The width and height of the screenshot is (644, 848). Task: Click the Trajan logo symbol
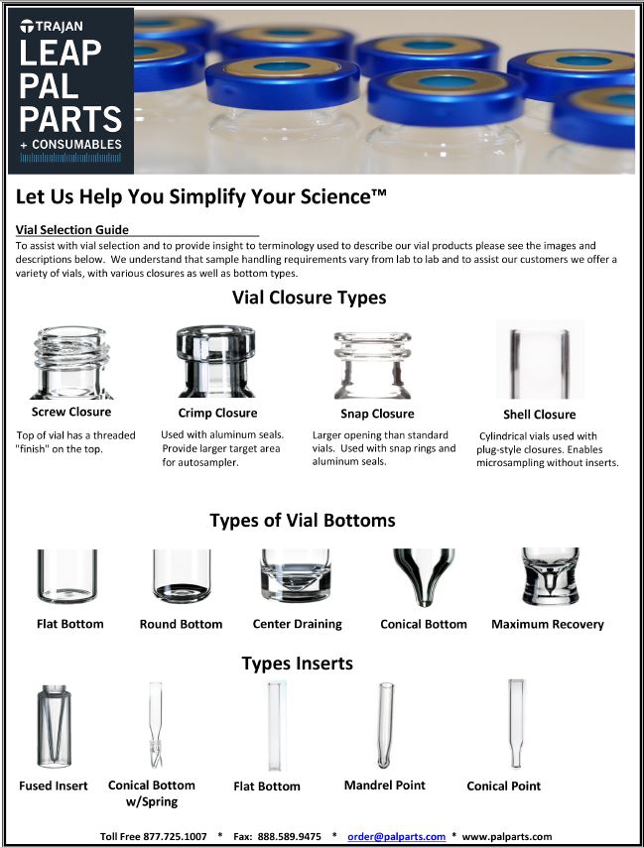point(27,26)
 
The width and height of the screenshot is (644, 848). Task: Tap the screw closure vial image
point(71,362)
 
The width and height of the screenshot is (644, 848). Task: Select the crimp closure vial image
point(216,361)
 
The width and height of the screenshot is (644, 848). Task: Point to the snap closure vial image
point(372,365)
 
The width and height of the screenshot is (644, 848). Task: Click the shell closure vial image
point(540,360)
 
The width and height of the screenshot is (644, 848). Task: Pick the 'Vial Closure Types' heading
point(309,298)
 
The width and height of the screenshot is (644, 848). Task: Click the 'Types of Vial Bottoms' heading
point(303,521)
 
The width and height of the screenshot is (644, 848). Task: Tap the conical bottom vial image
point(425,577)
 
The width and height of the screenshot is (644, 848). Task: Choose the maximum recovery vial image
point(551,577)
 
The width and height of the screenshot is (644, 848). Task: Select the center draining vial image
point(296,576)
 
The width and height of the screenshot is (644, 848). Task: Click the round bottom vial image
point(182,576)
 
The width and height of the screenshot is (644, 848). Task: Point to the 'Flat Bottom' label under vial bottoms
point(69,624)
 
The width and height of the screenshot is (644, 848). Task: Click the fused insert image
point(54,726)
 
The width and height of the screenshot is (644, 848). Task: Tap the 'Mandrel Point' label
point(385,785)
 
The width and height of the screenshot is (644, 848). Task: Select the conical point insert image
point(517,724)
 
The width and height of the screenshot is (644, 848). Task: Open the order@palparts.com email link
point(396,837)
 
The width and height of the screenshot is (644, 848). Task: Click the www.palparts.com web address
point(507,837)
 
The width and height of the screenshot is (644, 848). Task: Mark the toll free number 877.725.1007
point(175,837)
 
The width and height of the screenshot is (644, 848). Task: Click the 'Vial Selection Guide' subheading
point(72,230)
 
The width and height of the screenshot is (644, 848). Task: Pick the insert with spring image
point(156,725)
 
